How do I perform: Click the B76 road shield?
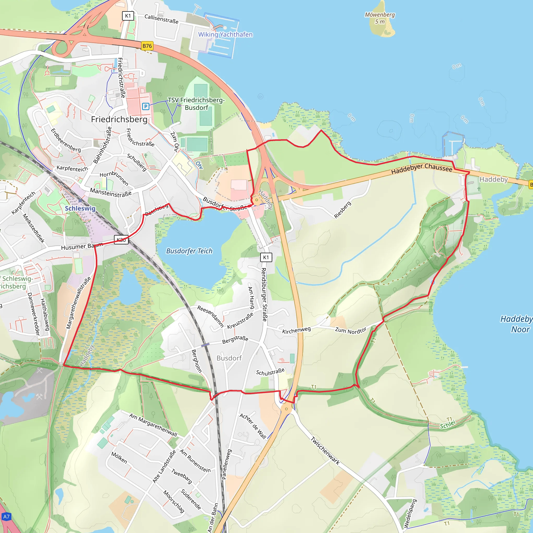(x=147, y=46)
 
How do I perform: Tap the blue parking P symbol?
(x=146, y=106)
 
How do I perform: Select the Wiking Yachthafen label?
(x=225, y=35)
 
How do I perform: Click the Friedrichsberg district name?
(x=119, y=119)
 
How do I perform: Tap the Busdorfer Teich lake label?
(x=189, y=251)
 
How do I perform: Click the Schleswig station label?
(x=80, y=208)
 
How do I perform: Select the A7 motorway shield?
(x=6, y=517)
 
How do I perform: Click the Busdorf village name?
(x=229, y=358)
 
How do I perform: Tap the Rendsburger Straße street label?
(x=264, y=294)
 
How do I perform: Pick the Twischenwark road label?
(x=325, y=451)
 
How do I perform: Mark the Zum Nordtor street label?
(x=351, y=330)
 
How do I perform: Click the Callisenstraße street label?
(x=161, y=19)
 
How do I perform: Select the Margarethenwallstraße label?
(x=78, y=303)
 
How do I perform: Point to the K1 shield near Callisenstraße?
(x=128, y=16)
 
